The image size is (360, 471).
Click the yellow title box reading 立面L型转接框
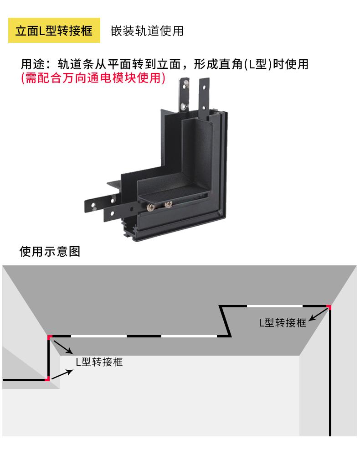click(x=54, y=31)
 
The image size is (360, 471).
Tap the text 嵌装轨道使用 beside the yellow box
click(x=147, y=31)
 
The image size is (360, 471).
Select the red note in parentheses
click(x=93, y=78)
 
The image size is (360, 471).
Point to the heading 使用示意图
click(x=50, y=251)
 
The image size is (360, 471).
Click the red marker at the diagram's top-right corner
click(x=329, y=307)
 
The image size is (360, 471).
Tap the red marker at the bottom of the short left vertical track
click(x=47, y=378)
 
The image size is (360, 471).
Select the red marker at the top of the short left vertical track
click(x=49, y=337)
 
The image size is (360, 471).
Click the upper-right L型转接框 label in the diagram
click(x=283, y=323)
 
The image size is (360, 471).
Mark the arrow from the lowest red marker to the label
click(x=62, y=374)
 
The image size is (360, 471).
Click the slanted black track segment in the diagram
click(x=225, y=321)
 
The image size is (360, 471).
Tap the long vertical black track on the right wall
click(x=330, y=374)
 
